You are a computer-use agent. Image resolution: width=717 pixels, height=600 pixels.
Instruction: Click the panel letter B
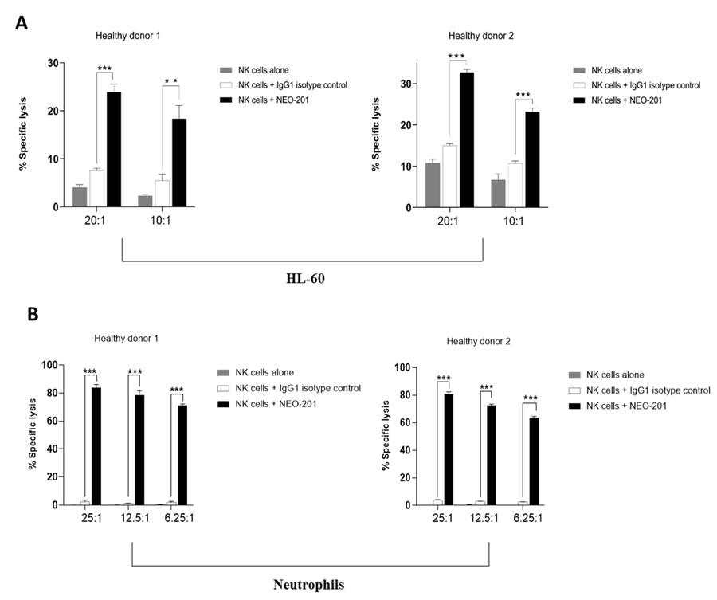pyautogui.click(x=33, y=314)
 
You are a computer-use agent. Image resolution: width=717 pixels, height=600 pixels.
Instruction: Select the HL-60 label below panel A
pyautogui.click(x=303, y=280)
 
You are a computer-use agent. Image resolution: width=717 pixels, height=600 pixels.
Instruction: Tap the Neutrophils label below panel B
pyautogui.click(x=308, y=584)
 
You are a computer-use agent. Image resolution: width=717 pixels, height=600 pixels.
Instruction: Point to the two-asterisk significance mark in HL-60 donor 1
pyautogui.click(x=173, y=81)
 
